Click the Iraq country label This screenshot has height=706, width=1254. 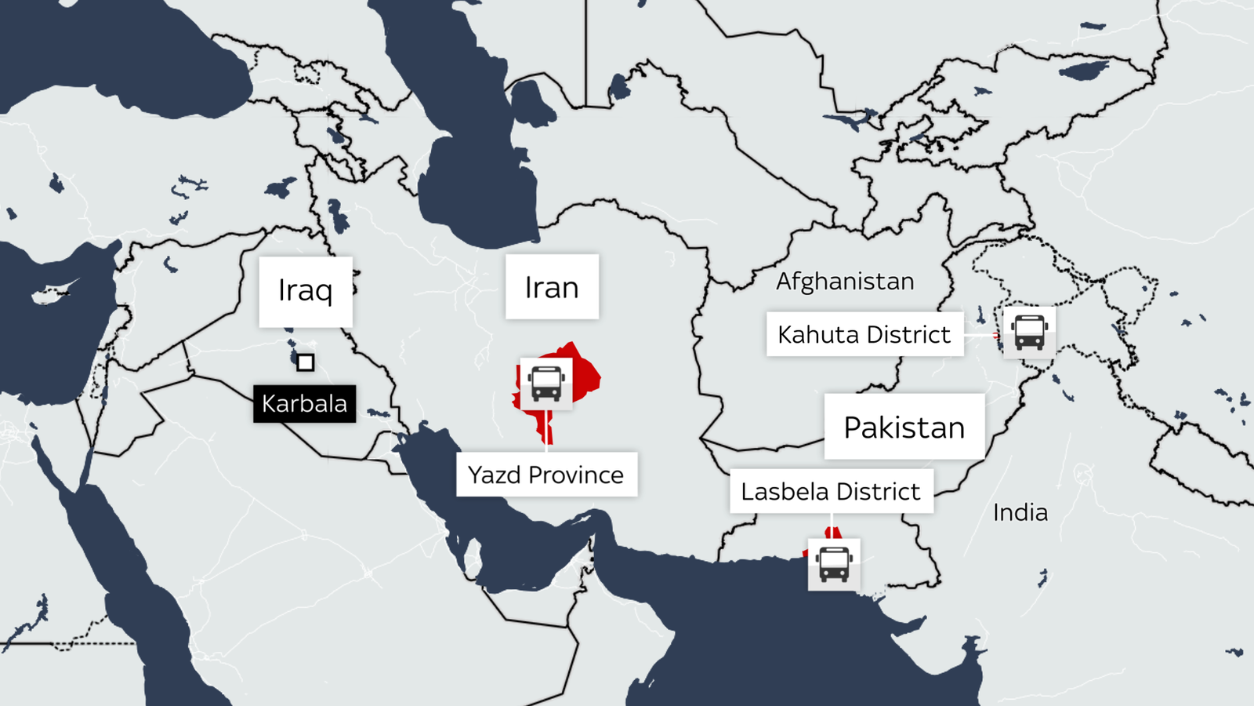point(306,291)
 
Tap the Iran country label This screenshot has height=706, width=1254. point(552,287)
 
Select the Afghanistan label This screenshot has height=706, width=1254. point(845,281)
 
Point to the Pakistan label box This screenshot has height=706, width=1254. point(904,428)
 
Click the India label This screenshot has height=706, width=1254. point(1020,512)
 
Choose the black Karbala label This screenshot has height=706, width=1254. point(304,403)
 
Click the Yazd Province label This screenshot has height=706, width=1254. point(546,475)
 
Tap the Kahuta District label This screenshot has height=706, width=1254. point(864,335)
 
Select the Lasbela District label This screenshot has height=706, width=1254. point(831,492)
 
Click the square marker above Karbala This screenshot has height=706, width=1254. point(306,362)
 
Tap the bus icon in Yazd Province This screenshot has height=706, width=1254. point(546,384)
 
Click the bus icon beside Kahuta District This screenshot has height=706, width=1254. point(1029,332)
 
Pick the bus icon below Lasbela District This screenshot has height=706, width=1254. point(834,564)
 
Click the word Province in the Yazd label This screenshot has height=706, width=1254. point(576,475)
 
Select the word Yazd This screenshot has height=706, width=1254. point(495,475)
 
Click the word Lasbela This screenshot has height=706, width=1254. point(785,492)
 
